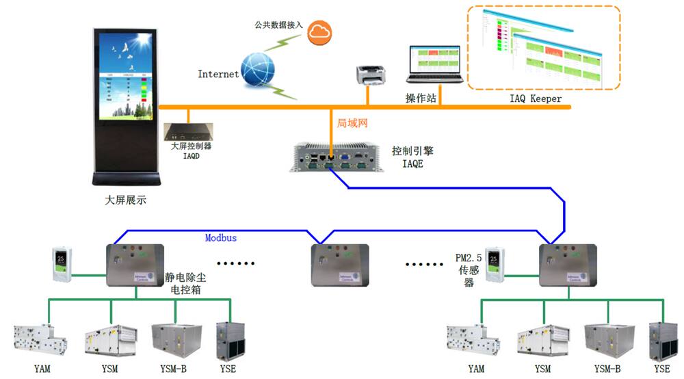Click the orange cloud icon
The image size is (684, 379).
pos(319,31)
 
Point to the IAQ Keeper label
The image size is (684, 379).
pos(536,99)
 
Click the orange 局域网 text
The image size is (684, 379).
pos(353,123)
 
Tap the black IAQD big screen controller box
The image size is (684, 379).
pos(189,130)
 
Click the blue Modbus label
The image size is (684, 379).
pos(221,237)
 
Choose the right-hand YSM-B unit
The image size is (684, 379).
pos(607,340)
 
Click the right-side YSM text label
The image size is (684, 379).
pos(542,369)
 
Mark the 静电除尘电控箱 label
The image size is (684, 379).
pos(184,284)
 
